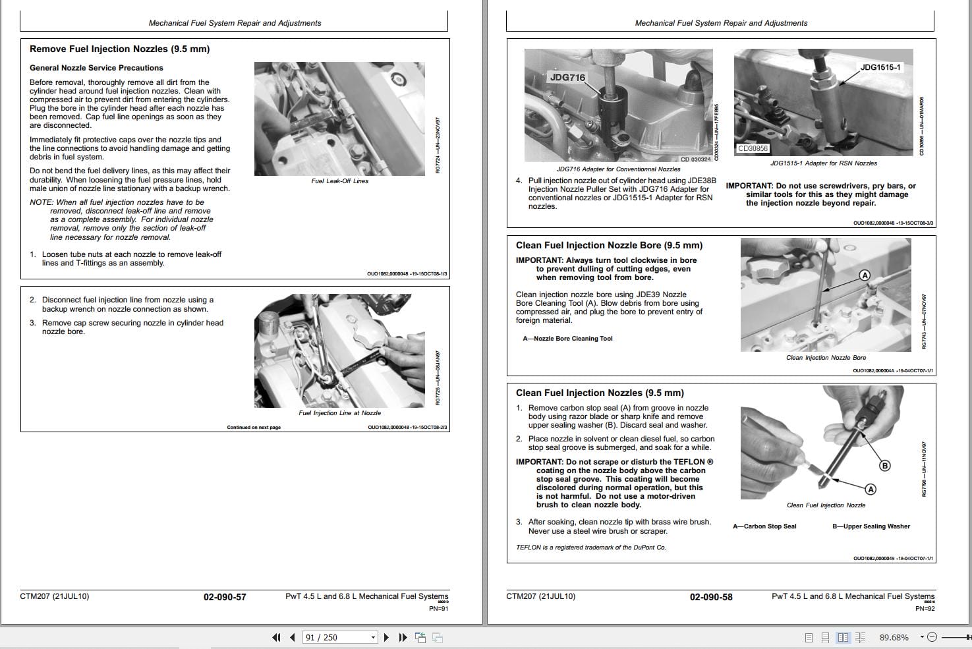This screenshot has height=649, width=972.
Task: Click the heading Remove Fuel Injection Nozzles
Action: click(x=119, y=49)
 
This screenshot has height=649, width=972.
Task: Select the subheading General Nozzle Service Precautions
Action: click(x=96, y=68)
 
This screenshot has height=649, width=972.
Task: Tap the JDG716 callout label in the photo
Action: click(x=567, y=77)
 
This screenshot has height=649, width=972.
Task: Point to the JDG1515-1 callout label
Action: click(x=880, y=67)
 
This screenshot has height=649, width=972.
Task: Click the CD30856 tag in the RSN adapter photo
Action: click(x=753, y=148)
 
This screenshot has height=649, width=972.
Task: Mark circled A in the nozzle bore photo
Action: click(x=865, y=275)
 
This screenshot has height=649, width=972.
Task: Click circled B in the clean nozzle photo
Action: click(x=885, y=466)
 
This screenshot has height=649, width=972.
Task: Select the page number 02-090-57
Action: click(x=225, y=597)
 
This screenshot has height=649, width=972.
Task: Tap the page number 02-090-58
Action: click(x=711, y=597)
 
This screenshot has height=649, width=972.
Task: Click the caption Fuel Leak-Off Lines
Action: click(x=339, y=181)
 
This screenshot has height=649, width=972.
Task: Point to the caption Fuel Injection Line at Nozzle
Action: click(x=339, y=413)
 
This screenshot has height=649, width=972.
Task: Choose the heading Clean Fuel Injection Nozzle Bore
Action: click(x=609, y=245)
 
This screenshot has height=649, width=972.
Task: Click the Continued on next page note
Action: click(x=254, y=428)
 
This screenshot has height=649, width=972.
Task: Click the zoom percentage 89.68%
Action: click(x=894, y=637)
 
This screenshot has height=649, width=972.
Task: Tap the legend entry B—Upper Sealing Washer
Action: click(x=871, y=526)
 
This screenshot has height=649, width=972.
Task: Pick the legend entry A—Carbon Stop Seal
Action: click(x=764, y=526)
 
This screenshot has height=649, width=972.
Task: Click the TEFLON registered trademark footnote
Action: click(x=590, y=548)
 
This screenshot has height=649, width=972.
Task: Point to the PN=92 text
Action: click(x=925, y=609)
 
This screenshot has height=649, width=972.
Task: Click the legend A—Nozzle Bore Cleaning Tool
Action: click(x=567, y=339)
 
